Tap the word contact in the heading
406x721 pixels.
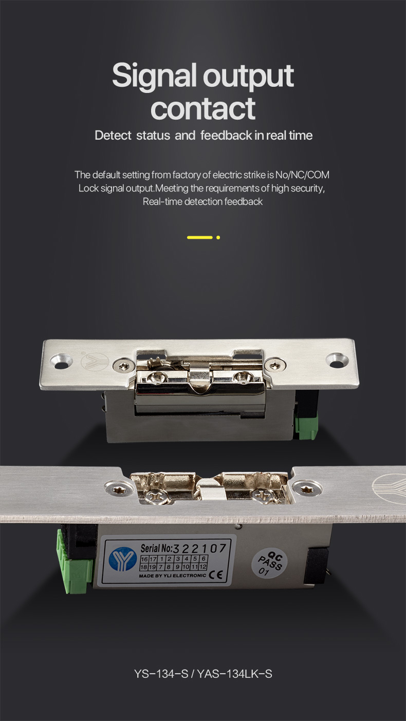coord(203,108)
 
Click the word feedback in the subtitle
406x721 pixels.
coord(226,135)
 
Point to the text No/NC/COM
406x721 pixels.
coord(303,175)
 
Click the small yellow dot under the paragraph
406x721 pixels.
coord(218,238)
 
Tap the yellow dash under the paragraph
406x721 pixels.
coord(200,238)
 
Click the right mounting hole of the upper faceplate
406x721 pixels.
coord(337,360)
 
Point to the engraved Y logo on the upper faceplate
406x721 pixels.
coord(94,361)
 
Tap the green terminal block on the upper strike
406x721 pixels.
coord(306,426)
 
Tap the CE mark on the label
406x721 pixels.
coord(215,575)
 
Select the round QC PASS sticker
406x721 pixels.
coord(269,563)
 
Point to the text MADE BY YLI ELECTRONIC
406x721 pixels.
coord(173,576)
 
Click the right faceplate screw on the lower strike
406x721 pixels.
coord(307,488)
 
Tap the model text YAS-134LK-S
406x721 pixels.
coord(234,674)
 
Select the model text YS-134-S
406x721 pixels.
coord(161,674)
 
